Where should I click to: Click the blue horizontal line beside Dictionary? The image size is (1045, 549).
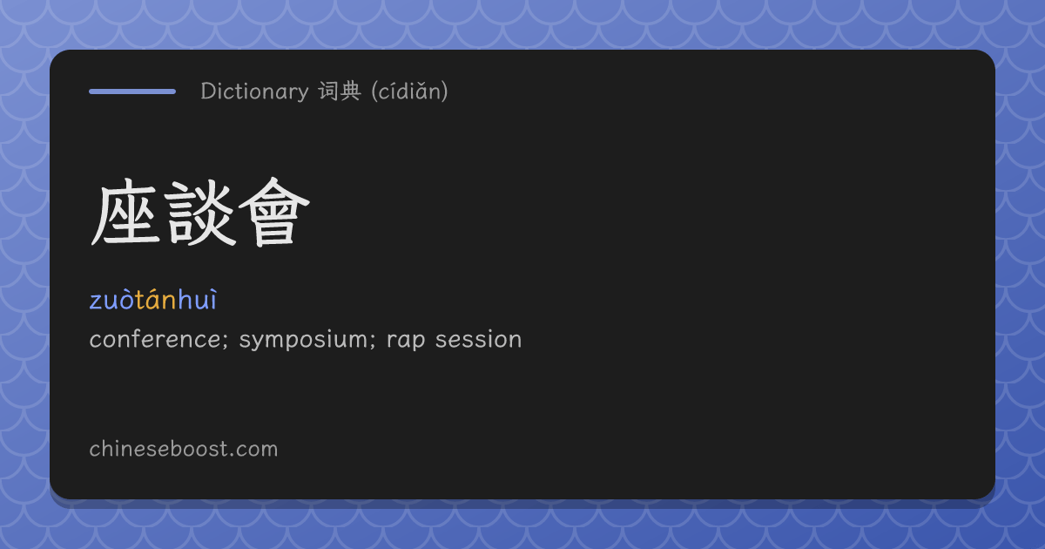pos(132,91)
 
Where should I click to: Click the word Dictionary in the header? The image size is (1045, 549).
pos(254,91)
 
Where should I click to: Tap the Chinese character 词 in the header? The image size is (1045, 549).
pos(328,91)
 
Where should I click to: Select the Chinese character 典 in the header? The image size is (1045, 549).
pos(350,91)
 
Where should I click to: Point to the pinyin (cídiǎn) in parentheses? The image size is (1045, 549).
pos(409,91)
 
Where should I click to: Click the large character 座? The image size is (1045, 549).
pos(124,213)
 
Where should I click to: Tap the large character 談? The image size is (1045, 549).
pos(199,213)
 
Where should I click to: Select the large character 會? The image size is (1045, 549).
pos(274,213)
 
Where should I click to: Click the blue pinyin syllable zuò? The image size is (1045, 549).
pos(112,300)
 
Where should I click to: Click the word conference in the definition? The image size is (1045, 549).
pos(155,339)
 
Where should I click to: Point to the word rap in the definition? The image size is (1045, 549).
pos(406,342)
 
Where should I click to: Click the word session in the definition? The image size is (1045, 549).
pos(479,339)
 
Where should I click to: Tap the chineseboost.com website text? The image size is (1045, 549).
pos(184,449)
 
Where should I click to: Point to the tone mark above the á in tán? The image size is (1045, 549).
pos(155,291)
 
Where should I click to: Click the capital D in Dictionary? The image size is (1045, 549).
pos(208,91)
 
